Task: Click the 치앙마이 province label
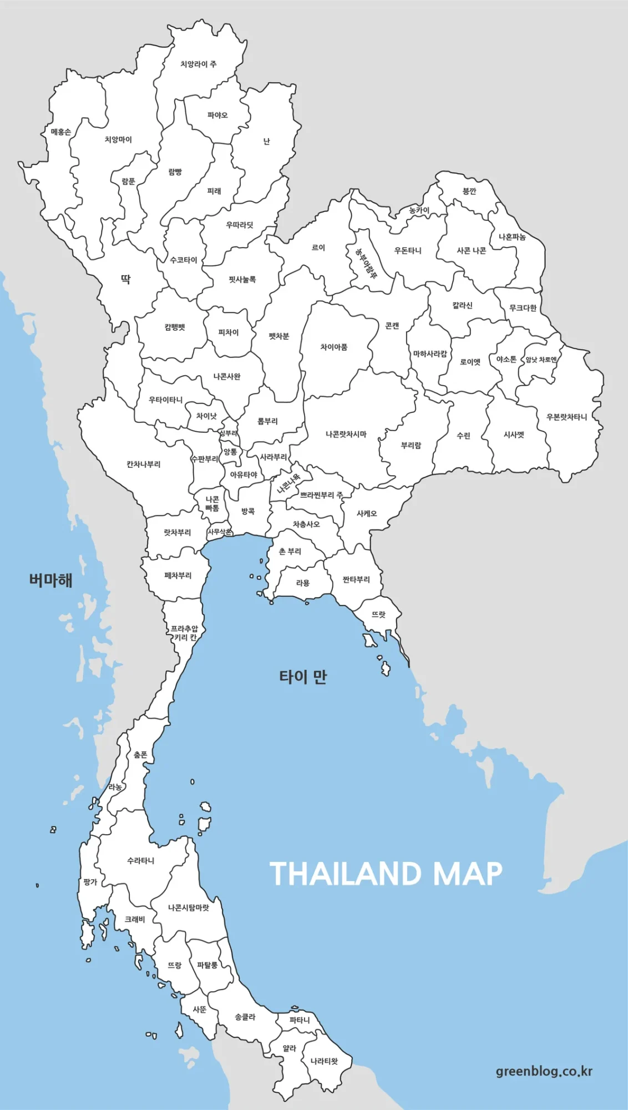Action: [118, 139]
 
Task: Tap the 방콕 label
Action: [248, 511]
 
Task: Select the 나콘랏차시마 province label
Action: [346, 434]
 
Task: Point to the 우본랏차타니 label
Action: [566, 417]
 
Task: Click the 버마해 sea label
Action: [50, 580]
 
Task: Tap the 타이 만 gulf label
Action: [303, 677]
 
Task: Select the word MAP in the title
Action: [467, 874]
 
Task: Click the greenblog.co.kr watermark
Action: [544, 1071]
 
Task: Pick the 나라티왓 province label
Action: [324, 1061]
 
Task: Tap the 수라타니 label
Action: [140, 860]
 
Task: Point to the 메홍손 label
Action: [61, 132]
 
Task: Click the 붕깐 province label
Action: [469, 191]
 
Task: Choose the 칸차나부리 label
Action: [143, 464]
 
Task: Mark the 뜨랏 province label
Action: [378, 614]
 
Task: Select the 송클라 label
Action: [245, 1017]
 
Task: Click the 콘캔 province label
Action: [392, 326]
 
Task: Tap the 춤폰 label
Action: [140, 755]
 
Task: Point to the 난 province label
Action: [266, 142]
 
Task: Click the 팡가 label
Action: [90, 882]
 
